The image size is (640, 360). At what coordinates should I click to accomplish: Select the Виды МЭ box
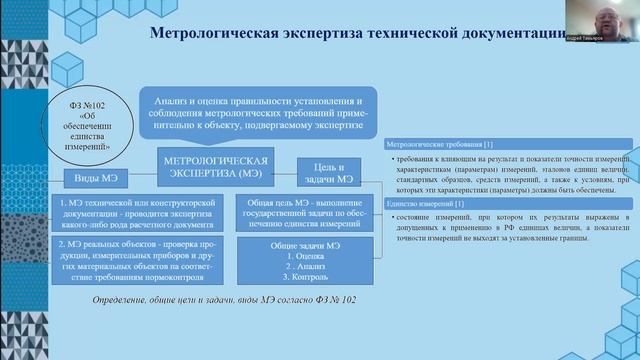coord(93,178)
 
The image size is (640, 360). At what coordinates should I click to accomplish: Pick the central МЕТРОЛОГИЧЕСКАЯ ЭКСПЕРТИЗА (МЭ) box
coord(221,168)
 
